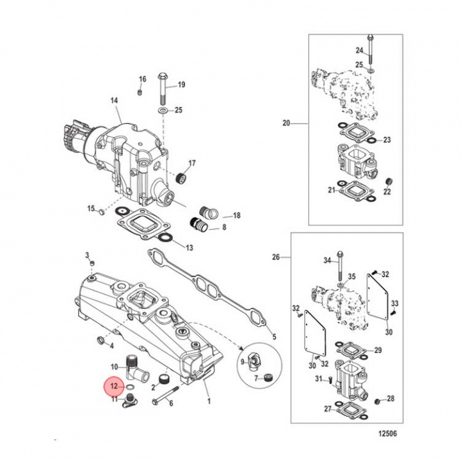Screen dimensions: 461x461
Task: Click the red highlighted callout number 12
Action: click(x=113, y=387)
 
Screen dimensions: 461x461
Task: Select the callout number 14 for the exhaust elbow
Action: click(x=115, y=101)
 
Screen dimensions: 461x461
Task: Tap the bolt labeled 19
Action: click(x=162, y=89)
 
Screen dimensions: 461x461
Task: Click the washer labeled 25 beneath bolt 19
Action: click(x=163, y=111)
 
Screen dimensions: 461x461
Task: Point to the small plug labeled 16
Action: click(x=140, y=93)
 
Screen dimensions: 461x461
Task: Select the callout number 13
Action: click(x=188, y=248)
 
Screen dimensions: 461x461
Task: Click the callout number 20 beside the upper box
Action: click(x=286, y=123)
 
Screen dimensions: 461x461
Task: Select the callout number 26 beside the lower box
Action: click(x=276, y=257)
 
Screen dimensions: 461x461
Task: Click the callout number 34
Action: click(x=327, y=260)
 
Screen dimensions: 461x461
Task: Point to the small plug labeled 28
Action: click(x=378, y=401)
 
